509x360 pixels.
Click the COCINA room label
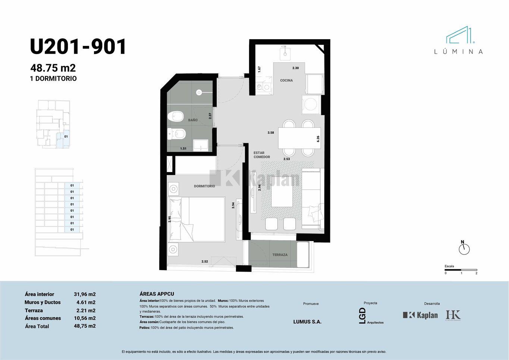(286, 80)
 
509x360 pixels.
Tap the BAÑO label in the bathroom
(193, 120)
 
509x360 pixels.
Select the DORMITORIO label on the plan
(204, 186)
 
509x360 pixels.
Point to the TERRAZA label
(280, 255)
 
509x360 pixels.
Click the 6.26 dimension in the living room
(318, 139)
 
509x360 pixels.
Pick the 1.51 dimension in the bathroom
(183, 148)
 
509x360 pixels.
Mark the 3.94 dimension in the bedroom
(233, 206)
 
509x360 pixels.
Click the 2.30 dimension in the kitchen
(295, 68)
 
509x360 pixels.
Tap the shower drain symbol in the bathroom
(199, 92)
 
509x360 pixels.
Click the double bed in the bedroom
(197, 220)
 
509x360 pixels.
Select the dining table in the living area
(299, 138)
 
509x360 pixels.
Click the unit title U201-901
(78, 47)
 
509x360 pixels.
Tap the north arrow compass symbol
(464, 248)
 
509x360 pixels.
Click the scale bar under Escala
(461, 270)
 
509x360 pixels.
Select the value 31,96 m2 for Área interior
(85, 294)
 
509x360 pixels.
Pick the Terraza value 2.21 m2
(86, 310)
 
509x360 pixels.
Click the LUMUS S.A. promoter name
(307, 322)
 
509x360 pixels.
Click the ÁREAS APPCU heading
(157, 294)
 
